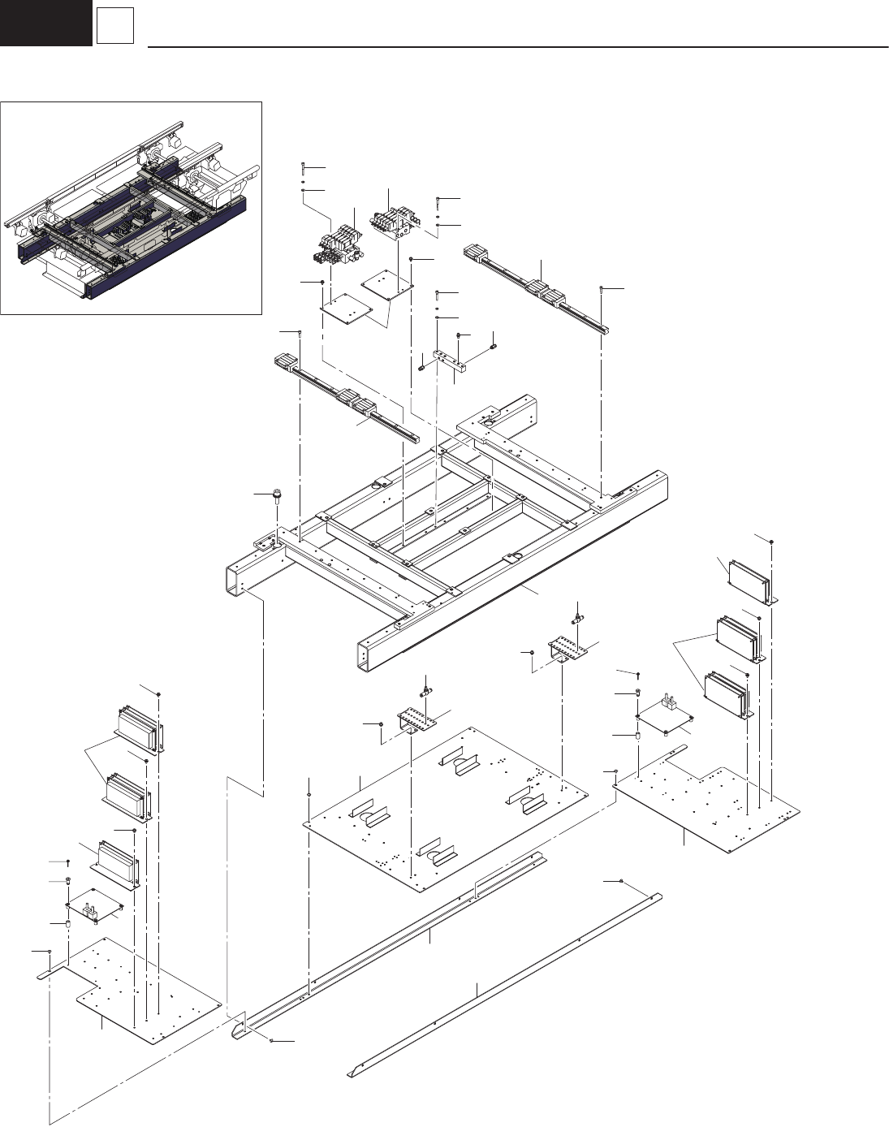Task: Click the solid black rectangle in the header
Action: [45, 23]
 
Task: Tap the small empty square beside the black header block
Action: [114, 26]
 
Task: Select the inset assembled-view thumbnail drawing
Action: [132, 207]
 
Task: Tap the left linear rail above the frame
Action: [350, 398]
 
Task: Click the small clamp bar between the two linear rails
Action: [451, 361]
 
